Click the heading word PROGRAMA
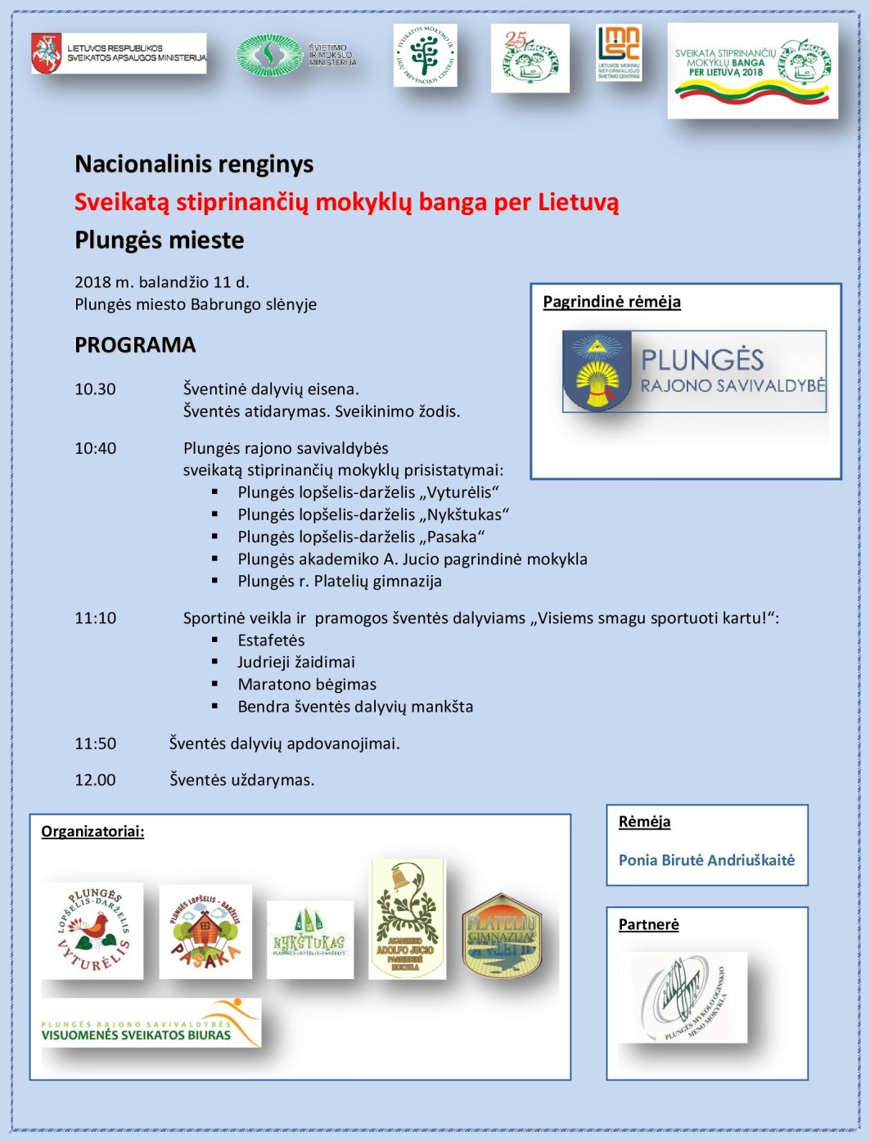[135, 345]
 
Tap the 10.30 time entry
[95, 389]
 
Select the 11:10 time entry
[95, 618]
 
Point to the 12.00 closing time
[95, 780]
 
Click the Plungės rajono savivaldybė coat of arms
[597, 371]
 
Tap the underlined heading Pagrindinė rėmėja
[611, 302]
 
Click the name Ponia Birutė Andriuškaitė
[706, 860]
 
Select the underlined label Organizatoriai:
[92, 832]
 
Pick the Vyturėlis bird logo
[93, 931]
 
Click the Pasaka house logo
[205, 932]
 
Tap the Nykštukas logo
[310, 939]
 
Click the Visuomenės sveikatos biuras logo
[151, 1023]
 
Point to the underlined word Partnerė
[648, 924]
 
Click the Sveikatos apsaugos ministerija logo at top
[119, 54]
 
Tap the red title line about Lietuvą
[346, 202]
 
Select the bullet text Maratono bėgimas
[307, 685]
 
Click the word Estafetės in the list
[271, 640]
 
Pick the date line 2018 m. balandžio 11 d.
[162, 282]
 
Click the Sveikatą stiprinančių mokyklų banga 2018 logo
[752, 70]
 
